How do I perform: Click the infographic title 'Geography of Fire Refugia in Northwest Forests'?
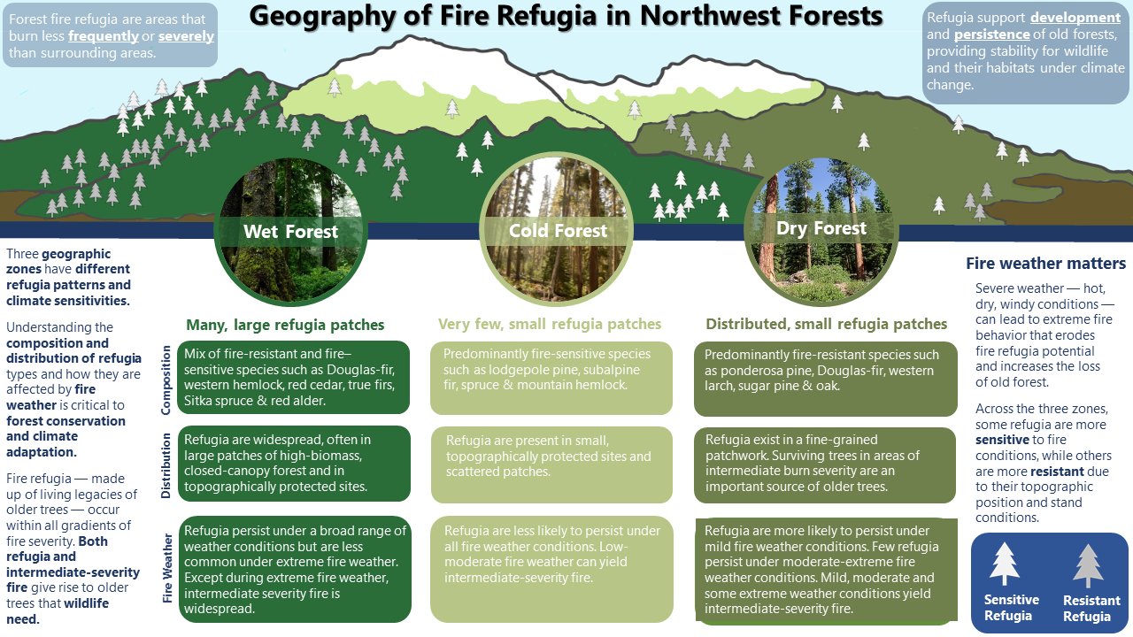pyautogui.click(x=566, y=17)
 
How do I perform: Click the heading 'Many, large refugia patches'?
pyautogui.click(x=285, y=325)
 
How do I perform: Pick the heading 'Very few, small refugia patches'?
pyautogui.click(x=550, y=325)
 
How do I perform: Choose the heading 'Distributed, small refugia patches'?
pyautogui.click(x=826, y=325)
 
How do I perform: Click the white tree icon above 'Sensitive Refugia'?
pyautogui.click(x=1005, y=564)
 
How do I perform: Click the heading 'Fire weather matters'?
pyautogui.click(x=1045, y=264)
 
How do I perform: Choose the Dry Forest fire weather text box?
pyautogui.click(x=826, y=569)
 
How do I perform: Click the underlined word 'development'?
pyautogui.click(x=1075, y=18)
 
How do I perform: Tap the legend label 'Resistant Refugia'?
pyautogui.click(x=1091, y=609)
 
